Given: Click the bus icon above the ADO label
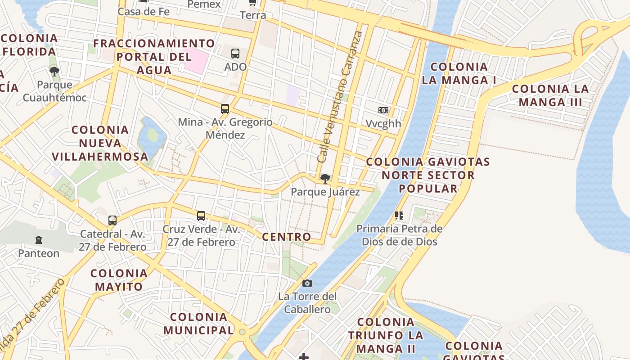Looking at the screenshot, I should tap(235, 54).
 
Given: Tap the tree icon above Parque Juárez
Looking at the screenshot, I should tap(325, 179).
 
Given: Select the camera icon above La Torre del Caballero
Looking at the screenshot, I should tap(307, 283).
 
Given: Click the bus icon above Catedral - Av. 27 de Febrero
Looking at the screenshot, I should tap(112, 220).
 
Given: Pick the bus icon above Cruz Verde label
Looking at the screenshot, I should tap(201, 216).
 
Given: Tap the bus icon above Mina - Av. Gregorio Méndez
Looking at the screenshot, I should tap(225, 109).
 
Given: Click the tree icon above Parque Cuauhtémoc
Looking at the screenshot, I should tap(54, 72).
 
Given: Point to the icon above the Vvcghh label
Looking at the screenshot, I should tap(383, 110).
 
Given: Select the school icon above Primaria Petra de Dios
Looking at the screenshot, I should tap(399, 216).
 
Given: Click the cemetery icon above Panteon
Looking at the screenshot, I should tap(39, 240).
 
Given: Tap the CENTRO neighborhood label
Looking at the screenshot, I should tap(287, 237).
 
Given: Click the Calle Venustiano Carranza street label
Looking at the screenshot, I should tap(340, 97).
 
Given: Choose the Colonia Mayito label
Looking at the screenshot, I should tap(119, 280).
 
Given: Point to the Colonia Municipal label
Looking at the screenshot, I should tap(198, 324).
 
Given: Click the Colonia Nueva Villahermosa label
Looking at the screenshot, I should tap(100, 143).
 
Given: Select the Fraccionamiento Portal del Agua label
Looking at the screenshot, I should tap(154, 57).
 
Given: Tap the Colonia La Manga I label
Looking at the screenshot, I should tap(459, 73).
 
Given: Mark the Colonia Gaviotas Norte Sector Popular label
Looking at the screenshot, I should tap(428, 175).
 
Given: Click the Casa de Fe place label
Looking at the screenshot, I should tap(144, 12).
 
